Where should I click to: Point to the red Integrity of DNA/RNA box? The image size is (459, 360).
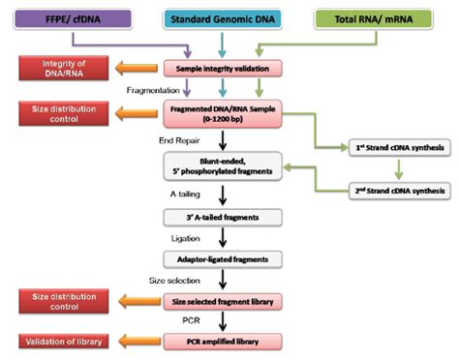[x=56, y=69]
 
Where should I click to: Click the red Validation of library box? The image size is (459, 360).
[x=56, y=341]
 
